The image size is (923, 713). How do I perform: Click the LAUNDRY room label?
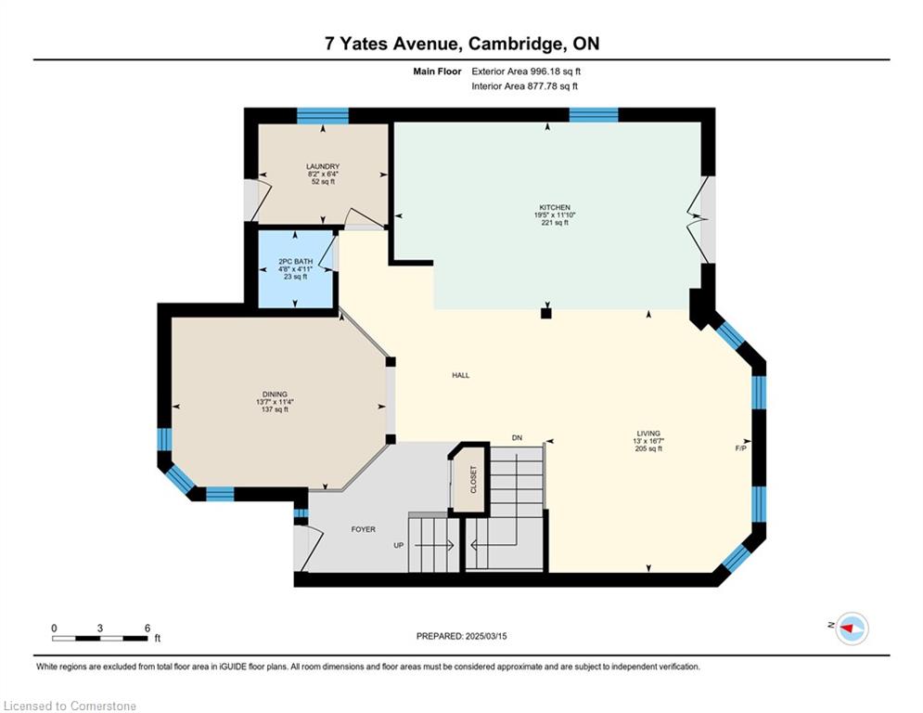(323, 167)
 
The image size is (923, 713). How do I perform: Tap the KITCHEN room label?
(555, 207)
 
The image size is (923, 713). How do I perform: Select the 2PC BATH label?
(296, 262)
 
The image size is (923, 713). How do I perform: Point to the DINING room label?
(275, 395)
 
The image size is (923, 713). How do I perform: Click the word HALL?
(461, 375)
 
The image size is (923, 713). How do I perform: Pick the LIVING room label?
(648, 434)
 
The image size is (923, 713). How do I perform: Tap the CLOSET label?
(474, 480)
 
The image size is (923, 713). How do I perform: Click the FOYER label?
(364, 529)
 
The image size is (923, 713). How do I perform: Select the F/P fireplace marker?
(741, 448)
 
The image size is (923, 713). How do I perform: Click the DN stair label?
(517, 438)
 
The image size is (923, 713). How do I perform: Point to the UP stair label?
(399, 545)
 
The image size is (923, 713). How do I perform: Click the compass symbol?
(852, 629)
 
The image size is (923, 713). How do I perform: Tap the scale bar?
(99, 638)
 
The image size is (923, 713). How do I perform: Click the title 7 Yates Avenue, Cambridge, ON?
(462, 44)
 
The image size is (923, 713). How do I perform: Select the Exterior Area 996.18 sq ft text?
(526, 71)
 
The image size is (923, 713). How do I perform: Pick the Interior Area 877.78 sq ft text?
(524, 86)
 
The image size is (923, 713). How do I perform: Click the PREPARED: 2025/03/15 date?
(462, 636)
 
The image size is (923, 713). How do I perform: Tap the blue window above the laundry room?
(323, 115)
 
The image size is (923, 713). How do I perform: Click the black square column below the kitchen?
(546, 314)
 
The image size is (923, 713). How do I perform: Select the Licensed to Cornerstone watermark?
(70, 706)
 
